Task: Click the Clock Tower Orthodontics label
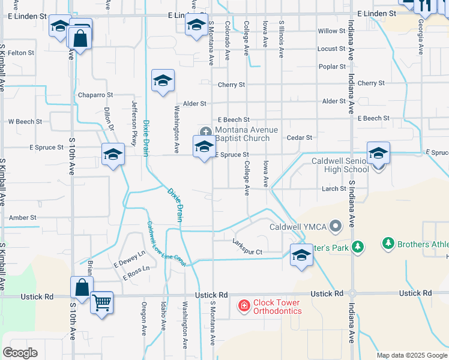point(277,307)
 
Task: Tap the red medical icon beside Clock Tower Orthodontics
point(244,307)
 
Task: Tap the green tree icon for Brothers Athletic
point(388,244)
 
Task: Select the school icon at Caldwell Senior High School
point(378,154)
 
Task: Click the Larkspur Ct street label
point(247,252)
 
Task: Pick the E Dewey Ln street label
point(129,259)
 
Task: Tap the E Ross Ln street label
point(136,273)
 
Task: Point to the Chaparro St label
point(95,95)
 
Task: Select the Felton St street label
point(21,53)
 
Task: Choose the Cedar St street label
point(300,137)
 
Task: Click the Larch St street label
point(334,188)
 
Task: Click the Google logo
point(20,352)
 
